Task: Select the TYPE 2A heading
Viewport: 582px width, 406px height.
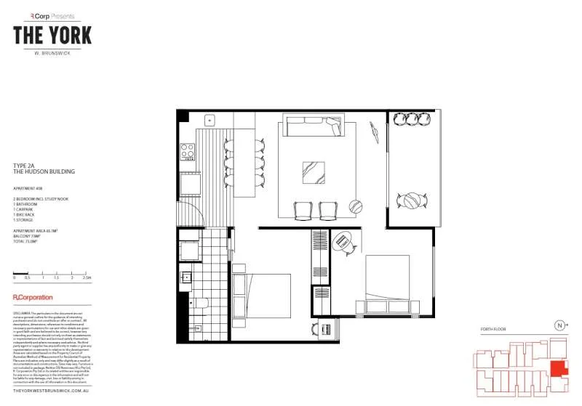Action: pyautogui.click(x=25, y=165)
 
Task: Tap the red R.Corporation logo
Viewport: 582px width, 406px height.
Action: pyautogui.click(x=33, y=298)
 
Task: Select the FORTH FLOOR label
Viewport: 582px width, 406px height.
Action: pyautogui.click(x=494, y=329)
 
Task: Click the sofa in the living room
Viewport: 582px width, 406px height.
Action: pyautogui.click(x=311, y=128)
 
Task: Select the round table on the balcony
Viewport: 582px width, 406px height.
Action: pyautogui.click(x=412, y=200)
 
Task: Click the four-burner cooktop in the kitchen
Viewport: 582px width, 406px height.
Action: pyautogui.click(x=187, y=152)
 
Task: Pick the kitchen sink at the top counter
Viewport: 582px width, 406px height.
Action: pyautogui.click(x=209, y=120)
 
